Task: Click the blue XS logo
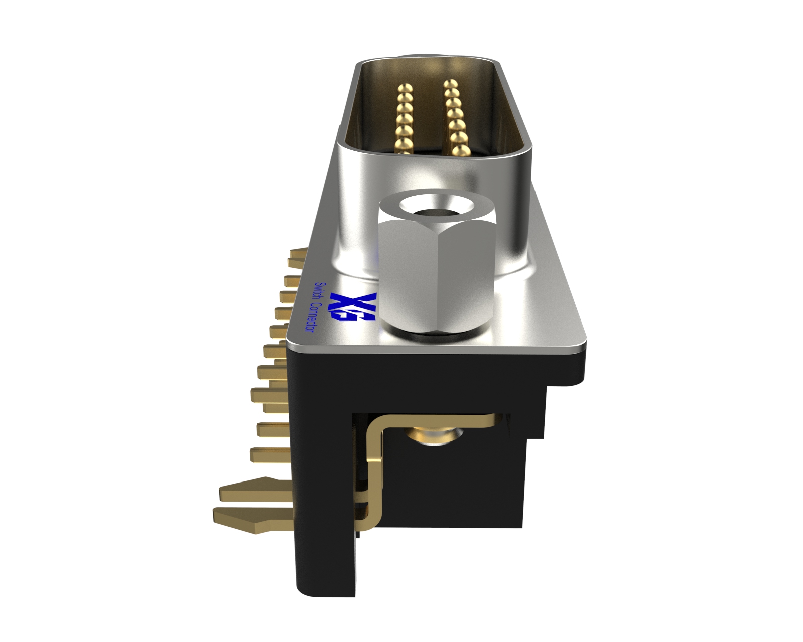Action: tap(353, 307)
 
